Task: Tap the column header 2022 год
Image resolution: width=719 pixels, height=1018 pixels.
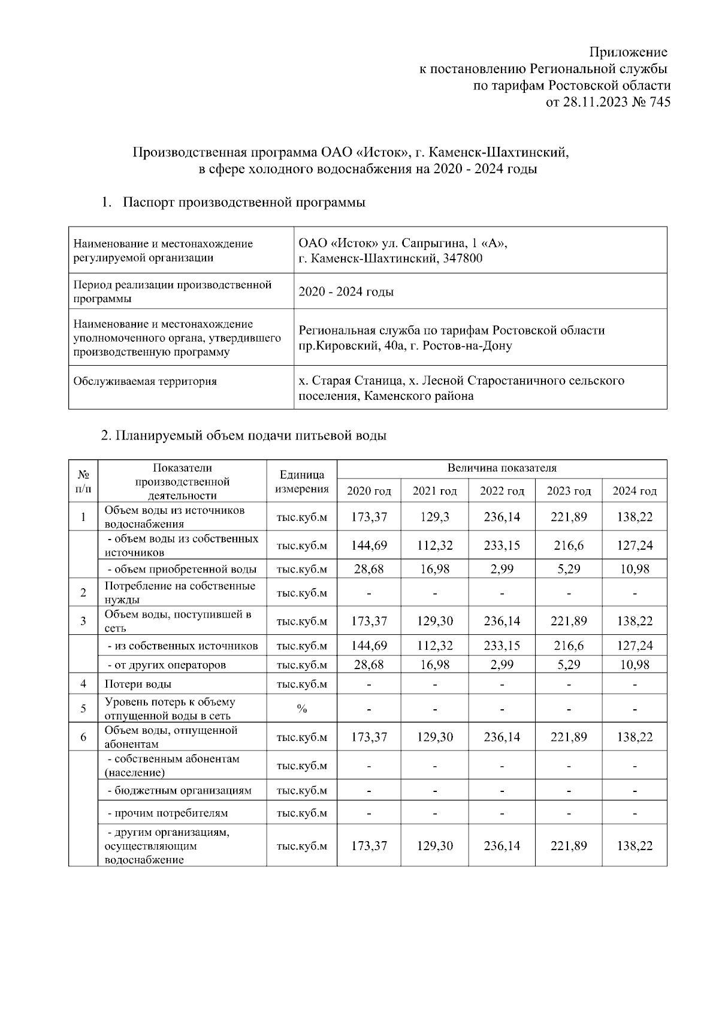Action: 502,492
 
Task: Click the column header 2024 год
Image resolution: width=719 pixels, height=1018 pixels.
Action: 635,492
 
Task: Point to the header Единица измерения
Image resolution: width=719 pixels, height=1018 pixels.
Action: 302,482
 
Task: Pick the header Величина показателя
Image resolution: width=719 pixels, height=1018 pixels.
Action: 502,468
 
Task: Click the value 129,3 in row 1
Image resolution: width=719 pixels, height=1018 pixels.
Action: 435,517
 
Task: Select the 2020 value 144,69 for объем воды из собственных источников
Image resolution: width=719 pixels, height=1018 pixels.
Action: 369,546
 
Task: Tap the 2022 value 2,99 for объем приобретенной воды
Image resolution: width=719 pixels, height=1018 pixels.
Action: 502,569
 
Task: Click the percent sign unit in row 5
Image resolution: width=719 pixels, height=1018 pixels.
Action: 302,709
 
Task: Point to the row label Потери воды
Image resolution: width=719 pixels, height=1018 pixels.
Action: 138,684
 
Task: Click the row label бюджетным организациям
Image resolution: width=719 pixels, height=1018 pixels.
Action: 179,791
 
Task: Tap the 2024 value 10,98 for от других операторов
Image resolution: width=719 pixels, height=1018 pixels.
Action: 635,665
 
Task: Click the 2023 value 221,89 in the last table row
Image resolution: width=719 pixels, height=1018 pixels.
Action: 569,846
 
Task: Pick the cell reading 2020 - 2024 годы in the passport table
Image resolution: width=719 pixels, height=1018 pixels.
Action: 346,292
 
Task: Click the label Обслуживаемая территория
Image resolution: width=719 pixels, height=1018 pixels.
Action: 144,381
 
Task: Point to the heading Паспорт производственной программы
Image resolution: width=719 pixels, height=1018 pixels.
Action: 244,203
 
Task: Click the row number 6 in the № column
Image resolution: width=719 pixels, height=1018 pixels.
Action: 83,737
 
